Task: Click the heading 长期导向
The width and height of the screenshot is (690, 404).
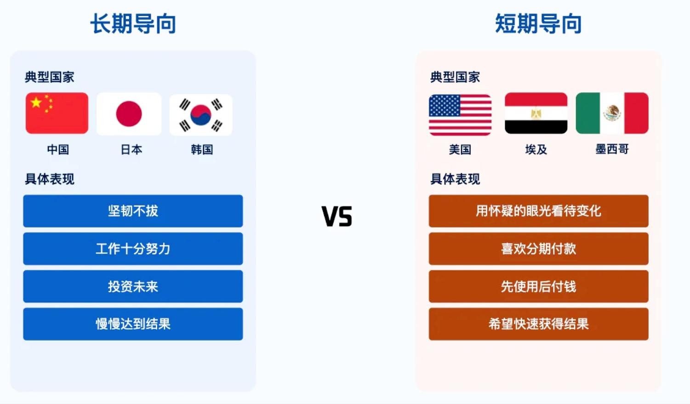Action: coord(133,23)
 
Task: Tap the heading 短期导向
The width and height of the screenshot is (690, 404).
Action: coord(538,23)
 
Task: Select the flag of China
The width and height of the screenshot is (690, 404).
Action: coord(57,113)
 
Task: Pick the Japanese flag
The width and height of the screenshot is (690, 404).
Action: coord(129,114)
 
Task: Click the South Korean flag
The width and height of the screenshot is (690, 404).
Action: coord(201,114)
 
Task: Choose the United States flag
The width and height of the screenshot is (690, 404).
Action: coord(460,114)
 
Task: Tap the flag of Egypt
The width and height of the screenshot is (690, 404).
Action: coord(536,113)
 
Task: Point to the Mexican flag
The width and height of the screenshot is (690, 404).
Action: coord(612,113)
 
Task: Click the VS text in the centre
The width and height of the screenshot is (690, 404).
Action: coord(336,216)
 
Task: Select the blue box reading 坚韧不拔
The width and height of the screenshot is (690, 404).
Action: coord(133,211)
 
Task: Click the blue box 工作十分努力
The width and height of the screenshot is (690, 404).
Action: coord(133,249)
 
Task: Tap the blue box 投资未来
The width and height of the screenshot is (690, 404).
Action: coord(133,286)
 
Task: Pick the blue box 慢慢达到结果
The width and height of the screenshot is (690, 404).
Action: coord(133,324)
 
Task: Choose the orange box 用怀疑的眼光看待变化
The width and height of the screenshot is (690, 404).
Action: coord(538,211)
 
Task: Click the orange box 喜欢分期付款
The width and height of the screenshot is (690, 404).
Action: coord(538,249)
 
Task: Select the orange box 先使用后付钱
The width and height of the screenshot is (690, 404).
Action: coord(538,286)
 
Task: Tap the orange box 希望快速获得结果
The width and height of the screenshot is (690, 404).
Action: coord(538,324)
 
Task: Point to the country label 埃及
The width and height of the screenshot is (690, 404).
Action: coord(536,150)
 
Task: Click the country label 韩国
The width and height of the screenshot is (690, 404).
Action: coord(202,150)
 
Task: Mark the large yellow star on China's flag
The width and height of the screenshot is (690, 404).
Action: coord(36,102)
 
